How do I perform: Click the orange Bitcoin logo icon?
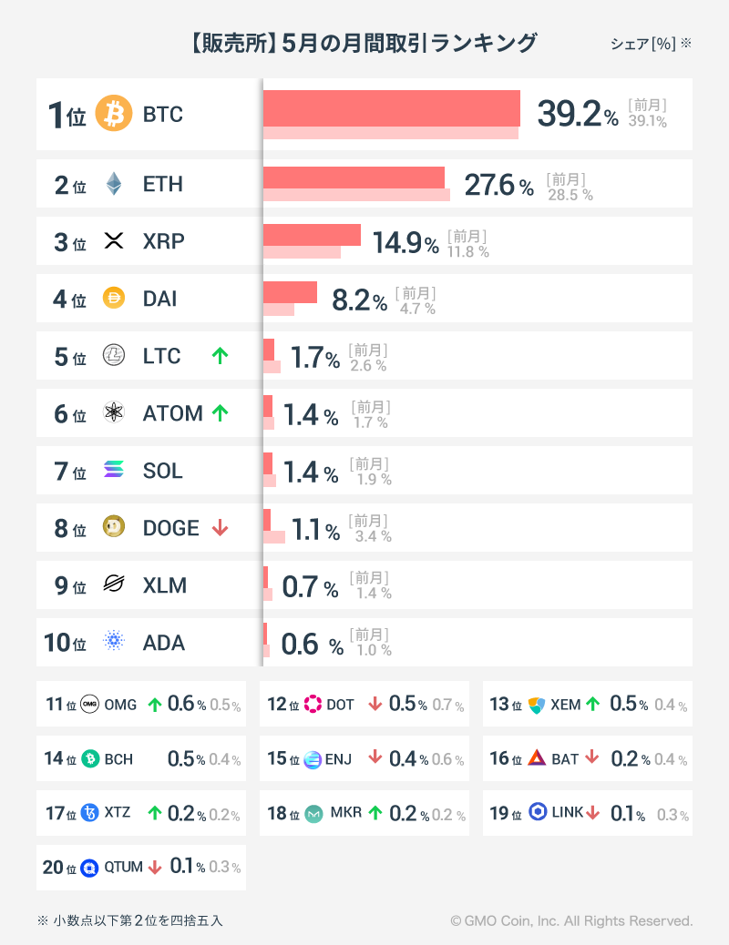pos(114,115)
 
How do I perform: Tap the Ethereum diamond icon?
pos(114,185)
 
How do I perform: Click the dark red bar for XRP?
pos(312,235)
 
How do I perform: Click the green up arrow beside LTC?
pos(220,356)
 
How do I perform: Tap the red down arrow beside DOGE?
pos(220,528)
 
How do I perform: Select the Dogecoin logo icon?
pos(114,528)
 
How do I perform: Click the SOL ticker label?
pos(163,471)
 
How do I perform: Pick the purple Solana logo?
pos(114,471)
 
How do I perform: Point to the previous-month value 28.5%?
pos(570,195)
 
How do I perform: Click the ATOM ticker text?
pos(172,413)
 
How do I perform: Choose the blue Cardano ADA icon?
pos(114,643)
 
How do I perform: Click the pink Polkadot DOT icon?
pos(313,704)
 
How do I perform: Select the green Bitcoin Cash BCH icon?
pos(90,759)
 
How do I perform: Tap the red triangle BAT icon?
pos(537,758)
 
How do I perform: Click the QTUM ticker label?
pos(123,867)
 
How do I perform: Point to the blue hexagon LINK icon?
pos(538,812)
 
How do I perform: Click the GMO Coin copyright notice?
pos(571,921)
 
